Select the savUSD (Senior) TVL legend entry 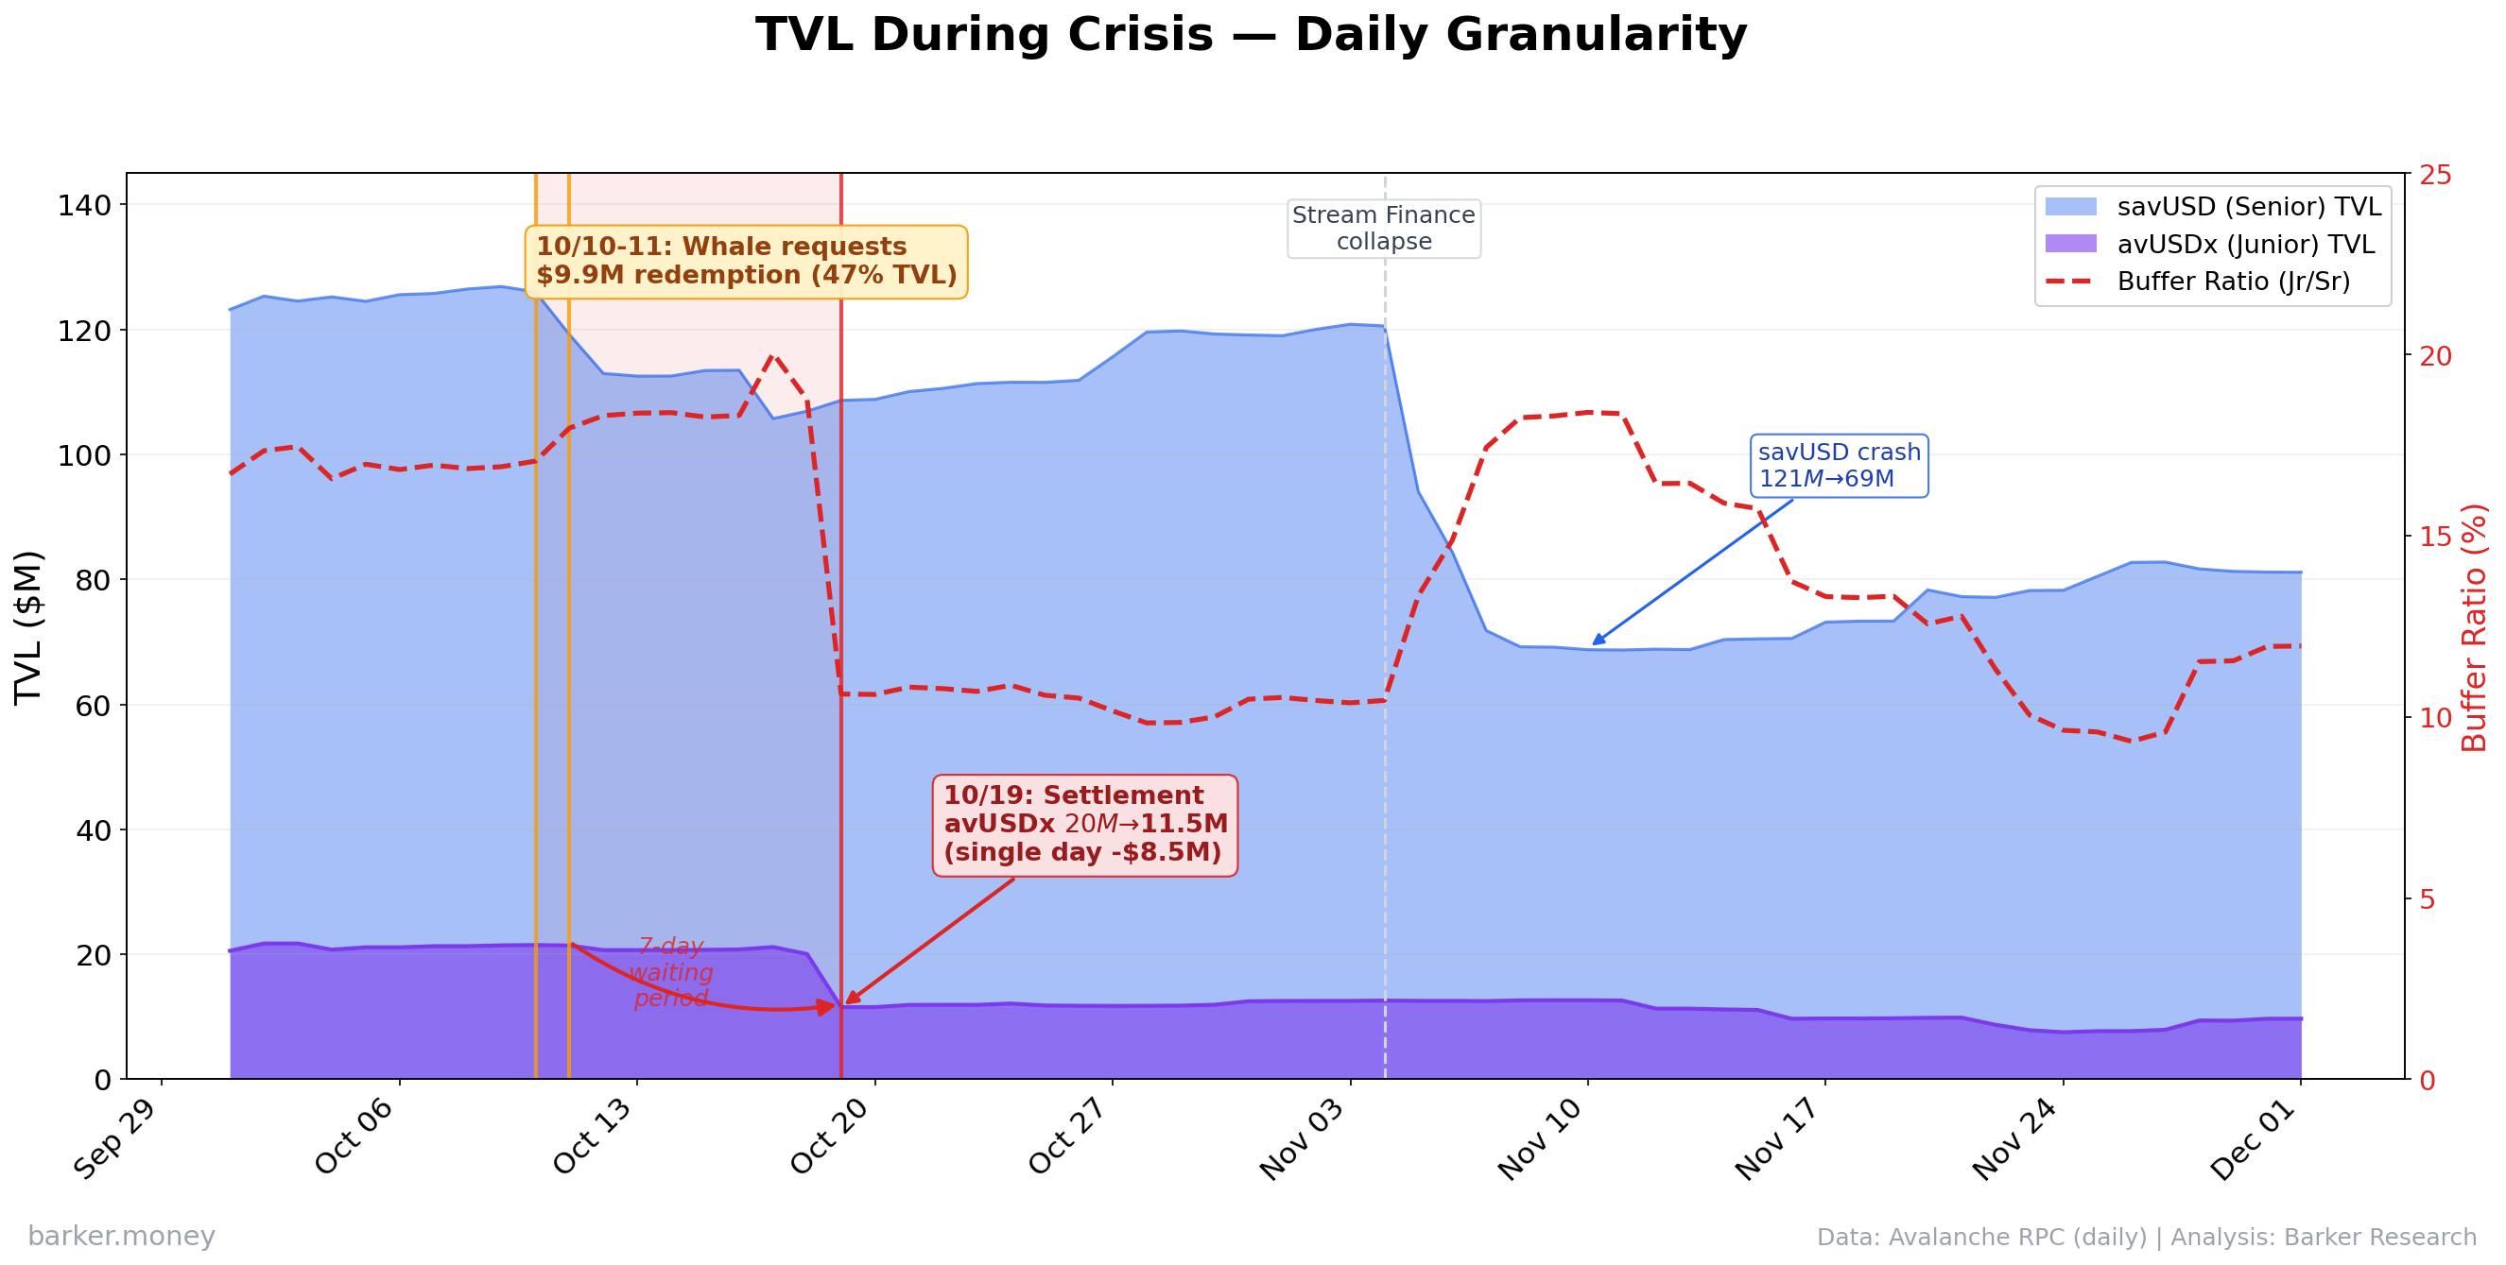pos(2248,207)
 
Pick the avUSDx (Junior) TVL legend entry pos(2245,244)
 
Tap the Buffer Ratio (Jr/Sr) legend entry pos(2233,282)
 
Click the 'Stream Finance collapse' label pos(1383,229)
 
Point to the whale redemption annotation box pos(746,262)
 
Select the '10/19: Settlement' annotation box pos(1084,825)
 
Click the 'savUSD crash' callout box pos(1839,466)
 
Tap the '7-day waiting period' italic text pos(671,972)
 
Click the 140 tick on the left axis pos(85,205)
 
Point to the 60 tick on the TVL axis pos(94,705)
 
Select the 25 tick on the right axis pos(2436,175)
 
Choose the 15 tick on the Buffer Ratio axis pos(2436,537)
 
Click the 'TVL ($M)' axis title pos(29,627)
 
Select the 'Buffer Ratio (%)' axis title pos(2473,627)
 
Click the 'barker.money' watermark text pos(122,1236)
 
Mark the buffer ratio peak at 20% pos(773,356)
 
